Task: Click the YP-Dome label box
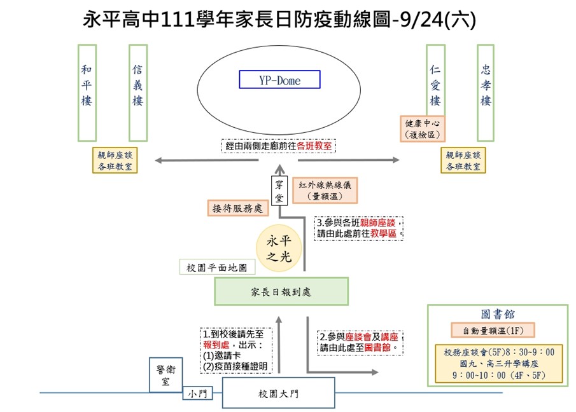[279, 80]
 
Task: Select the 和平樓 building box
[87, 92]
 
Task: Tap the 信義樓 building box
[137, 92]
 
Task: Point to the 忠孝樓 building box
[486, 92]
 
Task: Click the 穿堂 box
[279, 191]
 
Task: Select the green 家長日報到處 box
[281, 292]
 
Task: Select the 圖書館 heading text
[498, 314]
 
